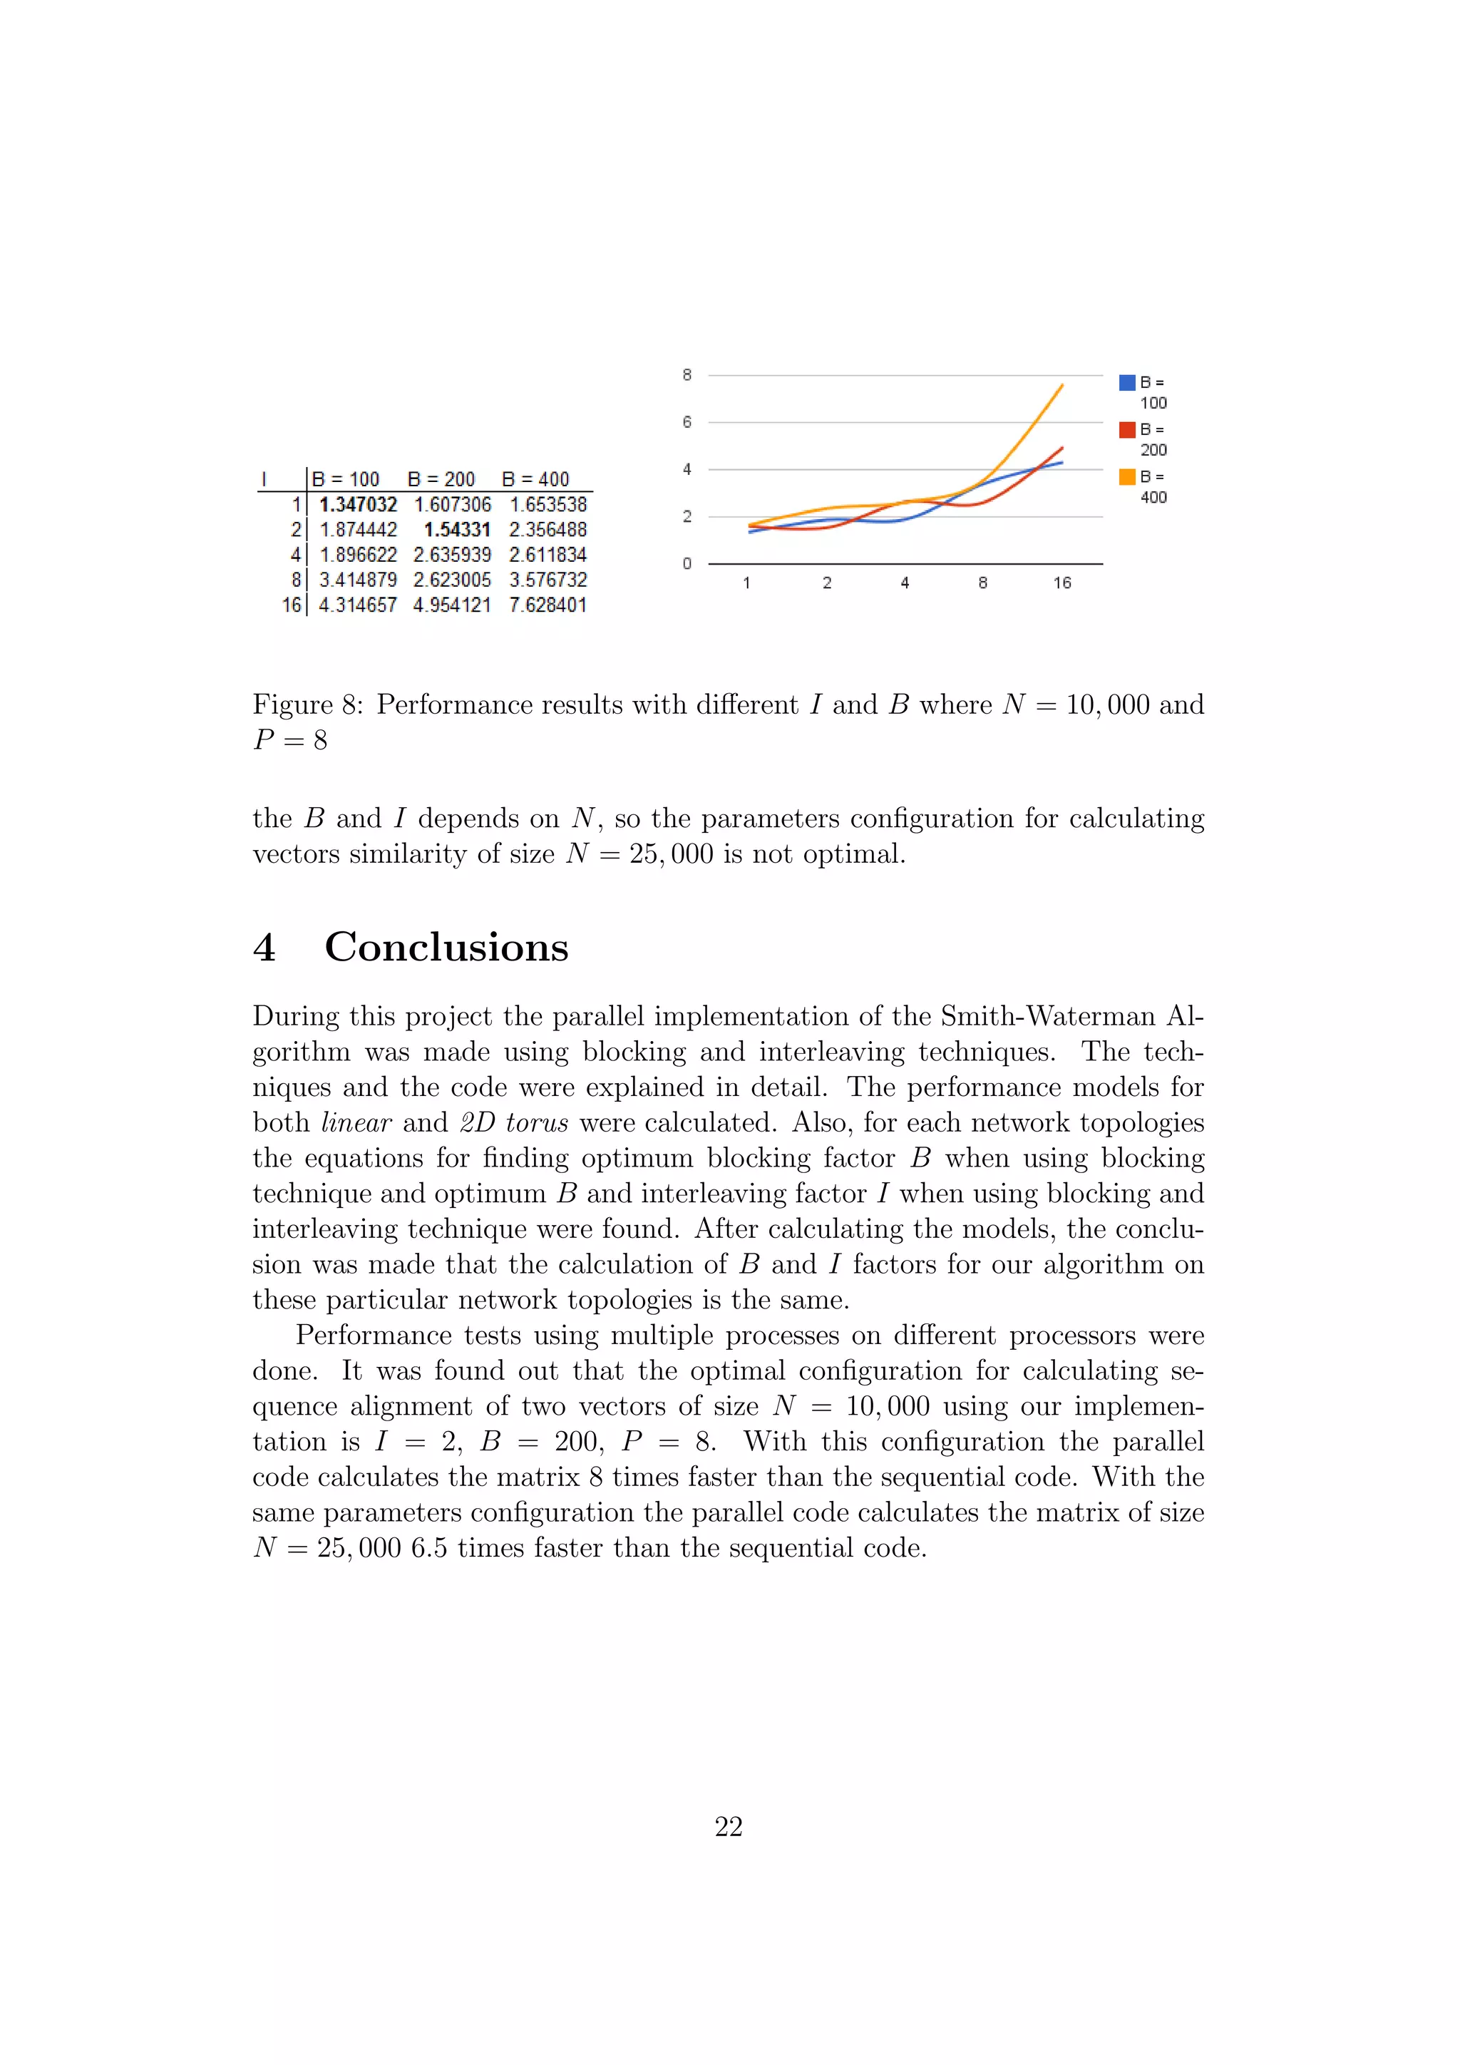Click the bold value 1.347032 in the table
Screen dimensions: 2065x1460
point(358,505)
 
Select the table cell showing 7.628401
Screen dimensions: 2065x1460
point(547,605)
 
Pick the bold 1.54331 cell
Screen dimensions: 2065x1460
point(457,530)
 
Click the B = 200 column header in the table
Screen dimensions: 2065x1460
point(441,479)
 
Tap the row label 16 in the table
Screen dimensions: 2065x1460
point(292,605)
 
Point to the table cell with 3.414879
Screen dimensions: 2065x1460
point(358,580)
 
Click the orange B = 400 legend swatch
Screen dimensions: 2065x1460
point(1126,477)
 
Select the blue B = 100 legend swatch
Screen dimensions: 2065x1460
point(1126,382)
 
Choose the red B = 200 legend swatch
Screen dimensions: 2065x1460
point(1126,430)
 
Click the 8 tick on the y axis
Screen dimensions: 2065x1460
point(687,375)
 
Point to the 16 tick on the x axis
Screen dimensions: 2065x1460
point(1061,583)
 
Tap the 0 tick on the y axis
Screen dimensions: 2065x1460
point(687,564)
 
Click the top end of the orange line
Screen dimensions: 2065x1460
point(1063,385)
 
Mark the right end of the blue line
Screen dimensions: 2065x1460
point(1063,462)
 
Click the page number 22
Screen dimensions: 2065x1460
point(728,1827)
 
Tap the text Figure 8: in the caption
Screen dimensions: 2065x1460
point(307,704)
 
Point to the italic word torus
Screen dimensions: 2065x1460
point(537,1122)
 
